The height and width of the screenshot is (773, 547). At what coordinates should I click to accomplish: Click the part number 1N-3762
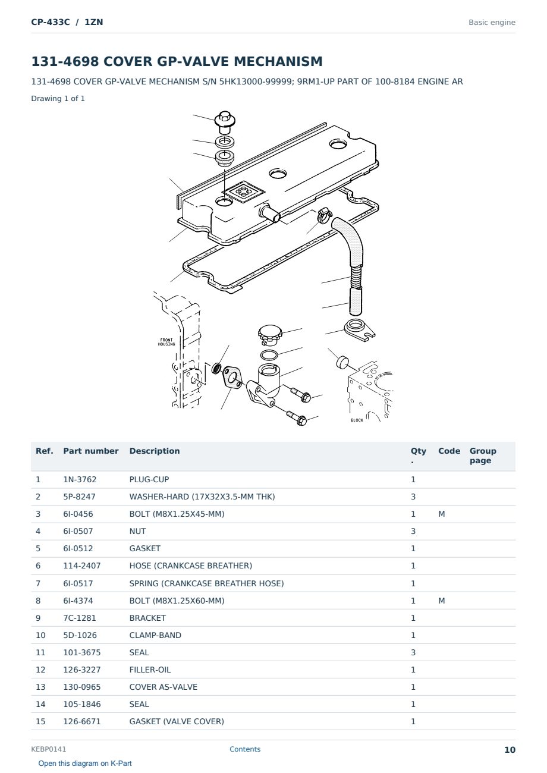pyautogui.click(x=80, y=479)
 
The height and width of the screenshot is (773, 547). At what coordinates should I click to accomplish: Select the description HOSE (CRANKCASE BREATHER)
pyautogui.click(x=190, y=565)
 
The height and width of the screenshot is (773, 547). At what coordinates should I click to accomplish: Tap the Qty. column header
pyautogui.click(x=418, y=455)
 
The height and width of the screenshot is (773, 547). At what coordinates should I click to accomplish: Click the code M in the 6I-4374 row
pyautogui.click(x=441, y=601)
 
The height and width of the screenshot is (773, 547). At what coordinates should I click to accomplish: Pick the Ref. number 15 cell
pyautogui.click(x=40, y=721)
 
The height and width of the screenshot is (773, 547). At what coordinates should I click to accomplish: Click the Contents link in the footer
pyautogui.click(x=245, y=749)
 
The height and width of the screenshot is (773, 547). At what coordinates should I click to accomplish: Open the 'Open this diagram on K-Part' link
pyautogui.click(x=85, y=763)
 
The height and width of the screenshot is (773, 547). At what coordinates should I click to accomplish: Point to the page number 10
pyautogui.click(x=510, y=750)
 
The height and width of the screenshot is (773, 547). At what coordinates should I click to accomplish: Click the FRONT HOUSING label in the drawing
pyautogui.click(x=166, y=342)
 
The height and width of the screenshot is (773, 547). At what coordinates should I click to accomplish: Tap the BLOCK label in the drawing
pyautogui.click(x=357, y=420)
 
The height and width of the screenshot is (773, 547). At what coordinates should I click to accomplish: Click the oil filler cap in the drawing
pyautogui.click(x=270, y=334)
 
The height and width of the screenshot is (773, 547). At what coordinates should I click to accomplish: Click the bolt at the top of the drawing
pyautogui.click(x=225, y=122)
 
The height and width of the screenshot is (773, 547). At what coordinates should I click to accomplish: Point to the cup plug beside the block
pyautogui.click(x=342, y=362)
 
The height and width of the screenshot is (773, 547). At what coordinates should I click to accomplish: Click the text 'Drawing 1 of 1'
pyautogui.click(x=58, y=99)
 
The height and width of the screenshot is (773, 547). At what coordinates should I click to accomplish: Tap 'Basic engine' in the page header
pyautogui.click(x=492, y=23)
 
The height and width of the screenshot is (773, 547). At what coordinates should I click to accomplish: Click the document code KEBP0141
pyautogui.click(x=49, y=749)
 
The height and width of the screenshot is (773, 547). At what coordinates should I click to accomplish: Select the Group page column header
pyautogui.click(x=483, y=455)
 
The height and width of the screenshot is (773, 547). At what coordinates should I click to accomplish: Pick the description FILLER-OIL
pyautogui.click(x=150, y=670)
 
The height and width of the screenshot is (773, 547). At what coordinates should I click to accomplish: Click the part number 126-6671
pyautogui.click(x=82, y=721)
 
